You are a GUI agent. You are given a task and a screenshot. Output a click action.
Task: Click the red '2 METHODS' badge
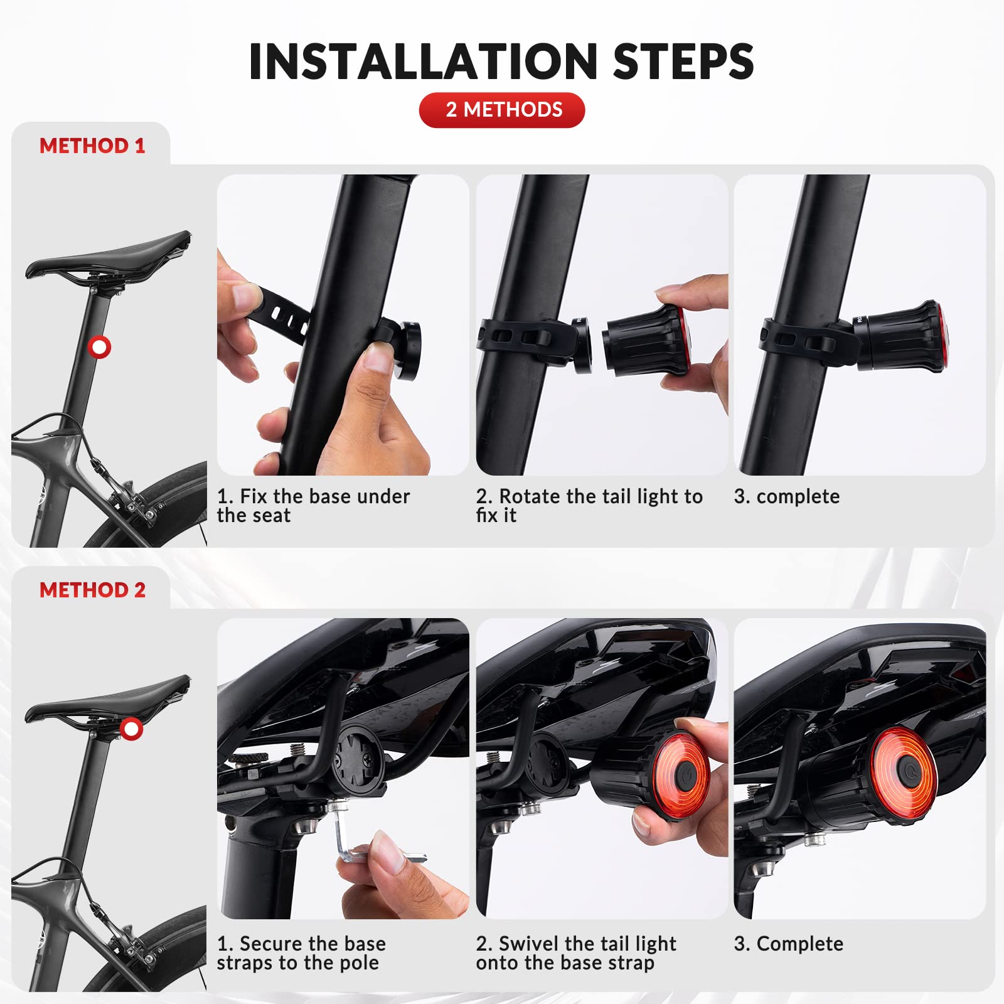point(502,110)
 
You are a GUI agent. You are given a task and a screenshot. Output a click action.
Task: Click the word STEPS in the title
point(683,61)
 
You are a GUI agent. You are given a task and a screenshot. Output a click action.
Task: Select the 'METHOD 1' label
point(92,146)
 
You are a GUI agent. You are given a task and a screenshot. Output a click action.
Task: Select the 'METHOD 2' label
point(92,590)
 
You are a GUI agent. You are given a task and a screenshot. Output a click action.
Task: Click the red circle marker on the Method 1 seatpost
point(99,346)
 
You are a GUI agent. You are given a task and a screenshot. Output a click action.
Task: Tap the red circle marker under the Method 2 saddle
point(131,729)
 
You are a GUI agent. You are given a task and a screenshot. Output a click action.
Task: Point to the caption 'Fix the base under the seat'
point(313,506)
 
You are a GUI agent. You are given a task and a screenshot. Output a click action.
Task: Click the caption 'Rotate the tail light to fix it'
point(589,506)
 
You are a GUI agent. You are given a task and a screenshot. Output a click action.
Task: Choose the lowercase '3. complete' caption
point(787,496)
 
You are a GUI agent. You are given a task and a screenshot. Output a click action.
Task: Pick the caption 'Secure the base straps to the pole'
point(301,953)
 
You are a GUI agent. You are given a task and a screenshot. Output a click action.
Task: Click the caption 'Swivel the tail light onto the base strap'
point(576,953)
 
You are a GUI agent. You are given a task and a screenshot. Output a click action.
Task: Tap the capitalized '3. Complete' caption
point(789,944)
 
